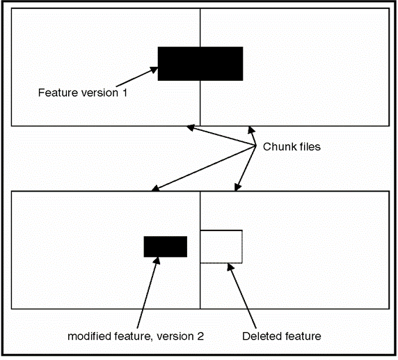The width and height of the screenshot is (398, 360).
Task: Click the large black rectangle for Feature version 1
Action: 200,63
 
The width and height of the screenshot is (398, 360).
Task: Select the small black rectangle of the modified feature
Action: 166,246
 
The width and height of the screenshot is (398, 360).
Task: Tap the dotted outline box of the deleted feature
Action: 221,246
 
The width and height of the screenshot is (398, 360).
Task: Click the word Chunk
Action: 276,148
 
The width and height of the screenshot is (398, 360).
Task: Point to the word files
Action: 307,148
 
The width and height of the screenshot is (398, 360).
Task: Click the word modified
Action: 88,336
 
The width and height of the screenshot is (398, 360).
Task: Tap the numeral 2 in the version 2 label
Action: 200,336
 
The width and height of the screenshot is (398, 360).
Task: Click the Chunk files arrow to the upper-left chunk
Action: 220,135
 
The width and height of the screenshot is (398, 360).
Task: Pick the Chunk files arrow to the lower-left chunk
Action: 202,168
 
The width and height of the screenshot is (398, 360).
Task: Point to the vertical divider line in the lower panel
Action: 200,285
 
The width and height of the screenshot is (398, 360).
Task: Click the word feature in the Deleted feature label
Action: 300,336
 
